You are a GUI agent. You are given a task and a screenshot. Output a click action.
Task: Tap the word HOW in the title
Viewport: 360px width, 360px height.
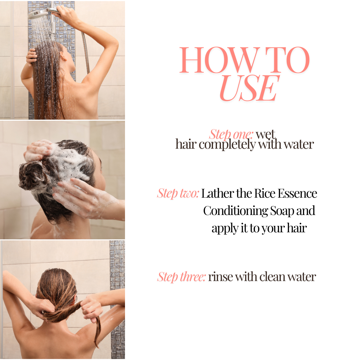coord(219,60)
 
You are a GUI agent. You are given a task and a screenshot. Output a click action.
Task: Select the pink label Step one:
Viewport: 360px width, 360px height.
coord(231,134)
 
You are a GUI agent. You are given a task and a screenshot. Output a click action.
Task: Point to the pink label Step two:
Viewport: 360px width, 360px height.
coord(178,193)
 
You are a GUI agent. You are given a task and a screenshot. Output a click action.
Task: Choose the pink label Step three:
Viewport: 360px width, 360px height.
coord(181,277)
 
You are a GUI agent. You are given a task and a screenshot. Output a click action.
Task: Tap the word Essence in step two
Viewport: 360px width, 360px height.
coord(298,193)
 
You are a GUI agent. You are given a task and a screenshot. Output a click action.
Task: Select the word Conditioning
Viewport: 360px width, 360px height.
coord(236,211)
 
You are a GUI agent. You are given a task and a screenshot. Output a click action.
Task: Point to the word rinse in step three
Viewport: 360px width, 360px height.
coord(221,277)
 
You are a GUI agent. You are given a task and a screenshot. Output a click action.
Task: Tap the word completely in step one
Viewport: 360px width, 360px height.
coord(227,145)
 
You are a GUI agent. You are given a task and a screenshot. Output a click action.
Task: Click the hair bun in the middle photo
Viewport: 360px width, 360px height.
coord(31,174)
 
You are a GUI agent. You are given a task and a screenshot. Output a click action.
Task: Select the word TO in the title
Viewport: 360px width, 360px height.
coord(287,60)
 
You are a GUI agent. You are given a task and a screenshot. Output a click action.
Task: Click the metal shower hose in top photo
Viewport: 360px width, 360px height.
coord(86,52)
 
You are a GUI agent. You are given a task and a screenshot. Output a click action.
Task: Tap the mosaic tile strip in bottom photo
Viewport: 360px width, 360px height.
coord(117,298)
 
